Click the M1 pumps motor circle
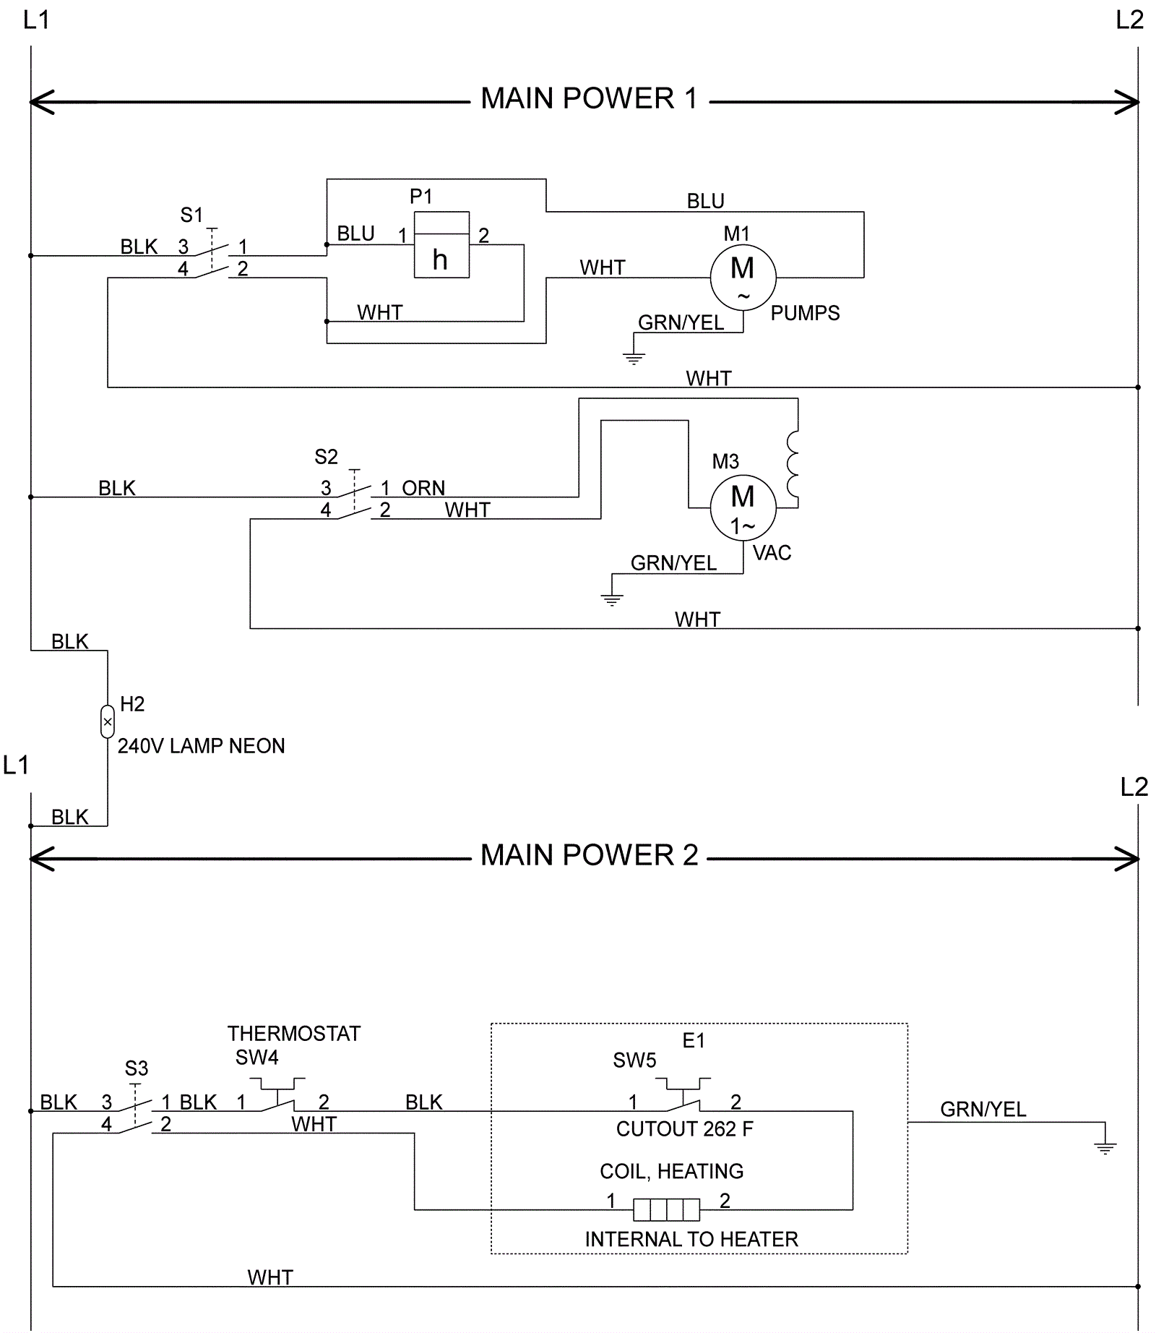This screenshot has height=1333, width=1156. pyautogui.click(x=743, y=277)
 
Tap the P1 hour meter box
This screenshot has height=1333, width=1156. pyautogui.click(x=441, y=245)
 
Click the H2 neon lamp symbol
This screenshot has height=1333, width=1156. pyautogui.click(x=108, y=721)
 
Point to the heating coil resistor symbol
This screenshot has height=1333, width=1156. pyautogui.click(x=666, y=1209)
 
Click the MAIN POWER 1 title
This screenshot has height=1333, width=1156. pyautogui.click(x=589, y=98)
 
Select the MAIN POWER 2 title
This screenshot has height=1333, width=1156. pyautogui.click(x=589, y=855)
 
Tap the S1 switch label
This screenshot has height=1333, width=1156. pyautogui.click(x=191, y=215)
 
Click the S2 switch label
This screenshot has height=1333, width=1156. pyautogui.click(x=326, y=457)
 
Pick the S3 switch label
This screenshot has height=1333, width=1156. pyautogui.click(x=136, y=1068)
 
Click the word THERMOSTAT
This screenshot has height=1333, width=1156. pyautogui.click(x=293, y=1034)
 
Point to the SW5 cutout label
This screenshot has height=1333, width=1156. pyautogui.click(x=634, y=1060)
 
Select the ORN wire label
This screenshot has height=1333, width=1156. pyautogui.click(x=423, y=488)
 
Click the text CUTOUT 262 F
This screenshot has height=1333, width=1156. pyautogui.click(x=684, y=1129)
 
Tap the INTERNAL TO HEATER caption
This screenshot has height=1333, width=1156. pyautogui.click(x=691, y=1240)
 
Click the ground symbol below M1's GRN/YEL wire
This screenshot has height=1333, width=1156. pyautogui.click(x=634, y=358)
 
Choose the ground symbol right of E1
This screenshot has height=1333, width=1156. pyautogui.click(x=1105, y=1147)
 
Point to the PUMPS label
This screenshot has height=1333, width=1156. pyautogui.click(x=805, y=313)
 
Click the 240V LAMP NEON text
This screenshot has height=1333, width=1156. pyautogui.click(x=201, y=746)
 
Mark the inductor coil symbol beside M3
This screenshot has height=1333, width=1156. pyautogui.click(x=793, y=464)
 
